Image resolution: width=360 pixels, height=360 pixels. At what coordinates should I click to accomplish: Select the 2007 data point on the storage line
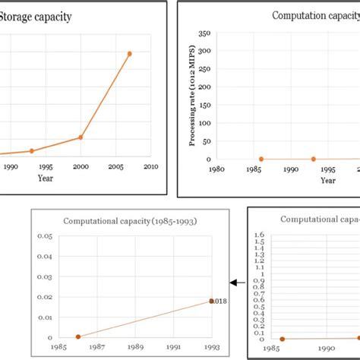click(130, 54)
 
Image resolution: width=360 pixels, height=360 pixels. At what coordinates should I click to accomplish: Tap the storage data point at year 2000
click(81, 137)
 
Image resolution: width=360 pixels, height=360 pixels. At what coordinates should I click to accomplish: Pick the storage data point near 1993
click(32, 151)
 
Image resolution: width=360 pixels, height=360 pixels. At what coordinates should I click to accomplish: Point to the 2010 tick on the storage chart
click(150, 167)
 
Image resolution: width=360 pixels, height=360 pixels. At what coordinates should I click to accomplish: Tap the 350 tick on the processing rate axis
click(203, 33)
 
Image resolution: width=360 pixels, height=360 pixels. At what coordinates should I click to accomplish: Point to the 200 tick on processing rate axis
click(203, 87)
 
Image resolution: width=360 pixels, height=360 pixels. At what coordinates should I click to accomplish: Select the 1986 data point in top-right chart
click(261, 159)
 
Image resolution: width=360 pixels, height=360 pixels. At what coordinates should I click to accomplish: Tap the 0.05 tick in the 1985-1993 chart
click(45, 237)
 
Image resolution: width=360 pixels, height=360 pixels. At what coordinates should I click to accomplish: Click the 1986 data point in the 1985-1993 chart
click(78, 336)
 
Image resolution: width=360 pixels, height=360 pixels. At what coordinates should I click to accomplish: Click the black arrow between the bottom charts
click(236, 283)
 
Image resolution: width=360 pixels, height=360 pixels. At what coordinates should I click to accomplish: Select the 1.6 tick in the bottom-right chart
click(259, 235)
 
